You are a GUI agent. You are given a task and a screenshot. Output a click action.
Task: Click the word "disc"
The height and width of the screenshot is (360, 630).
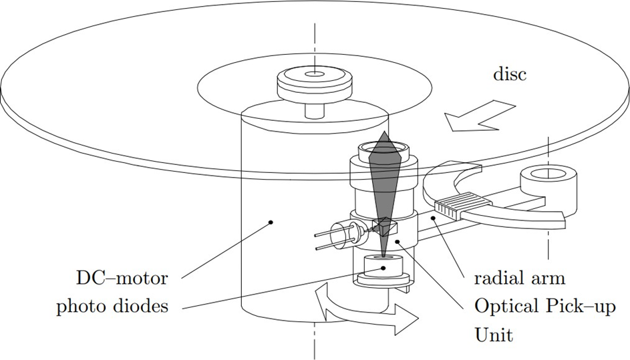click(509, 73)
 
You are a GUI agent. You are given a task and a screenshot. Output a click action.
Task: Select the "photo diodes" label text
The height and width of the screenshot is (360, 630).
click(112, 307)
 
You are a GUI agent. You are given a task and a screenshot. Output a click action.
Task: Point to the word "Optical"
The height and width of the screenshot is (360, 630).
click(504, 307)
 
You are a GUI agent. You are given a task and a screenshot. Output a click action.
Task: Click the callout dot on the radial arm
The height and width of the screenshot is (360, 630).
click(433, 218)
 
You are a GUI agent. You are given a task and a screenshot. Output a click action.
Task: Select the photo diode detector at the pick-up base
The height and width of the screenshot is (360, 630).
click(383, 268)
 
